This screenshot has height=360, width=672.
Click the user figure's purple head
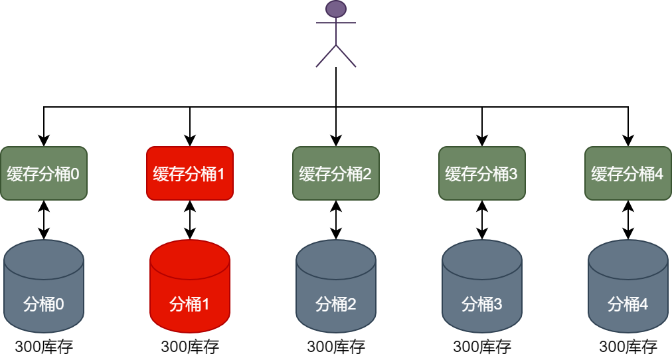coord(336,9)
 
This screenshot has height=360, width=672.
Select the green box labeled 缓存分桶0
coord(44,173)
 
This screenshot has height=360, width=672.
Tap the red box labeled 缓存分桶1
coord(190,173)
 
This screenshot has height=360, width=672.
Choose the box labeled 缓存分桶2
coord(336,173)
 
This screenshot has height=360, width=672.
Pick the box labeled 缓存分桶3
coord(482,173)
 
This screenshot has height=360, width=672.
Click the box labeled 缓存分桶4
coord(628,173)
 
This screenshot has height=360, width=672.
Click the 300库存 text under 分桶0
coord(44,347)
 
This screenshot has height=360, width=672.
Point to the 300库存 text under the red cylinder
coord(190,347)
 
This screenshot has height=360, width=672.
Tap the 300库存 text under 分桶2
coord(336,347)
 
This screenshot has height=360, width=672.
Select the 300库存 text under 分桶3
coord(482,347)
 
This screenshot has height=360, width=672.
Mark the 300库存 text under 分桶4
coord(628,347)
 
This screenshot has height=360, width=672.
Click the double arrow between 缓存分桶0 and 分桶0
coord(44,220)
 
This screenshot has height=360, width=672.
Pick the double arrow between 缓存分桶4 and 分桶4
coord(628,220)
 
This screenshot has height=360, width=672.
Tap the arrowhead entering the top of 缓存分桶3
coord(482,141)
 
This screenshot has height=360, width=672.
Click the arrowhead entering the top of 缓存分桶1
coord(190,141)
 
